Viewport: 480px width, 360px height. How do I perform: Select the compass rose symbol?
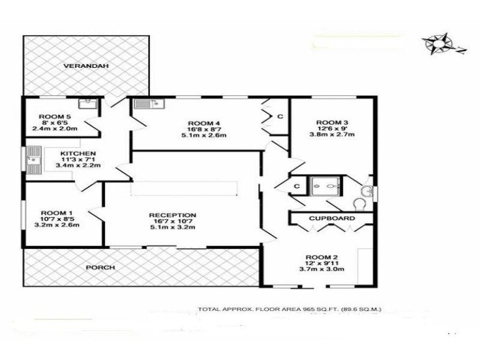click(440, 44)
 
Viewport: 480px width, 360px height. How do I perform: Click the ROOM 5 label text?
click(55, 116)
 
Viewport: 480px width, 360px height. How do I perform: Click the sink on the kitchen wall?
click(32, 160)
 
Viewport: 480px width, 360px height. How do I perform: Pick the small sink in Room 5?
click(89, 103)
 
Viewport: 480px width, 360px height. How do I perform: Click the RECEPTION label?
click(172, 215)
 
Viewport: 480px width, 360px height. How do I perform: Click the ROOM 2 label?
click(322, 255)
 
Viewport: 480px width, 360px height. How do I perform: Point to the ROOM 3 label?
click(332, 122)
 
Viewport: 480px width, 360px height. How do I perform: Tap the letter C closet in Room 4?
click(280, 116)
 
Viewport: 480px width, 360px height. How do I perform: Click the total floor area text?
click(289, 310)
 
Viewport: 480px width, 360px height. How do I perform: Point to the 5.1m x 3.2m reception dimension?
click(172, 228)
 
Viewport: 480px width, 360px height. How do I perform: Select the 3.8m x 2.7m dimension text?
click(332, 135)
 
